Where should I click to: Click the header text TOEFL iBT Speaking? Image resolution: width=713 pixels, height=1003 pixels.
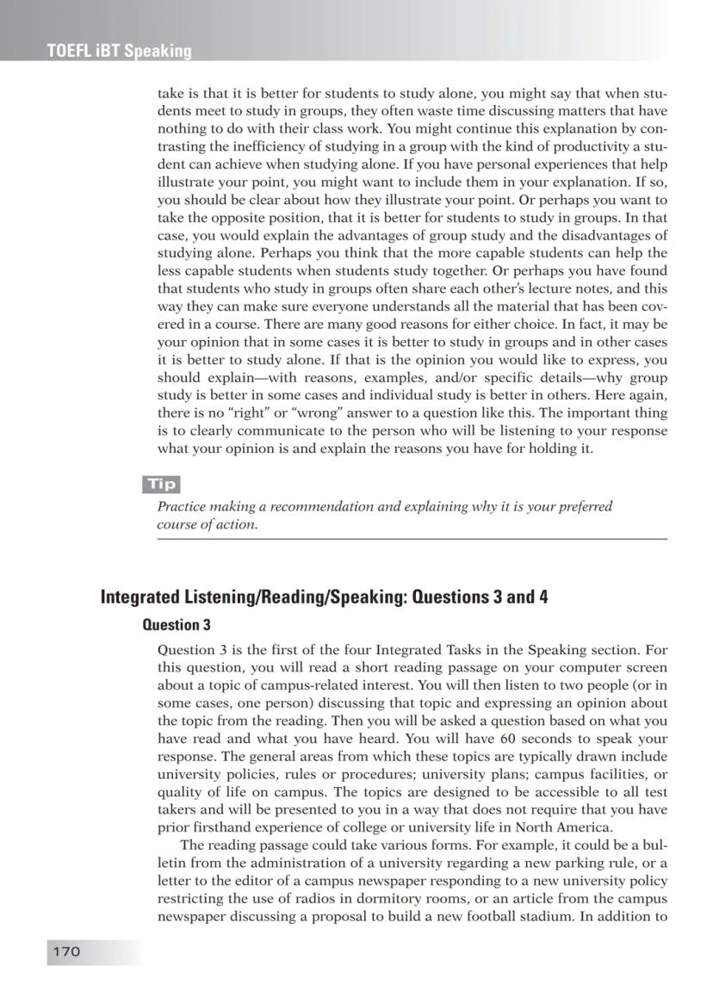tap(119, 51)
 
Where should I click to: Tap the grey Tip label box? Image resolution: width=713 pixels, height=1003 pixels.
tap(161, 485)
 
